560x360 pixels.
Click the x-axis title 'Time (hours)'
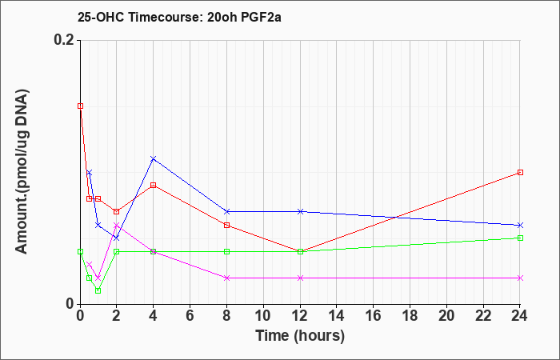coord(300,335)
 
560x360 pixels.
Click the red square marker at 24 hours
coord(521,172)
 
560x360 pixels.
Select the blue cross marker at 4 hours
coord(154,158)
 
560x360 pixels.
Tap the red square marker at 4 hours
coord(154,185)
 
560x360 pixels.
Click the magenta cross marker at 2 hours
coord(117,225)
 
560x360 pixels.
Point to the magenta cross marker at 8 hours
coord(227,278)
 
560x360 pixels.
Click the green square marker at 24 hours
coord(521,238)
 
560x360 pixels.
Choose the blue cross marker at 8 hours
coord(227,211)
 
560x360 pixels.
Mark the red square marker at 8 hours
coord(227,225)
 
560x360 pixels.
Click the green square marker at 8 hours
coord(227,251)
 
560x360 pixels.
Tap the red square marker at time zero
coord(80,106)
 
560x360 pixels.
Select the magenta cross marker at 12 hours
coord(301,278)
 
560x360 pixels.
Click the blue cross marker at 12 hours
coord(301,211)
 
